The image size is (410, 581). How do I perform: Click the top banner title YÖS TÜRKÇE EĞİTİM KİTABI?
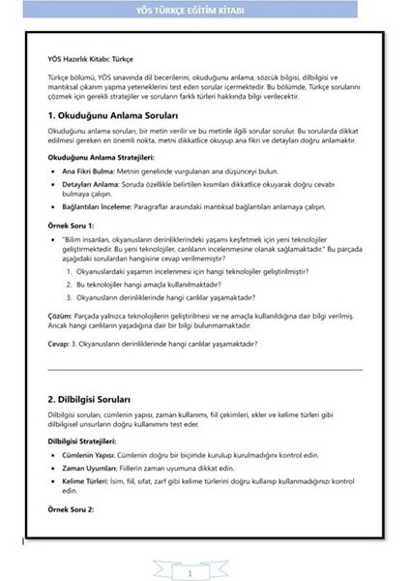(204, 11)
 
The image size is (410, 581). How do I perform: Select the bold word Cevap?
(59, 344)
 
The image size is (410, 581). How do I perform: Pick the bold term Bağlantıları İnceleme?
(98, 207)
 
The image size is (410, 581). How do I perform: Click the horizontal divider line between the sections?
(204, 369)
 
